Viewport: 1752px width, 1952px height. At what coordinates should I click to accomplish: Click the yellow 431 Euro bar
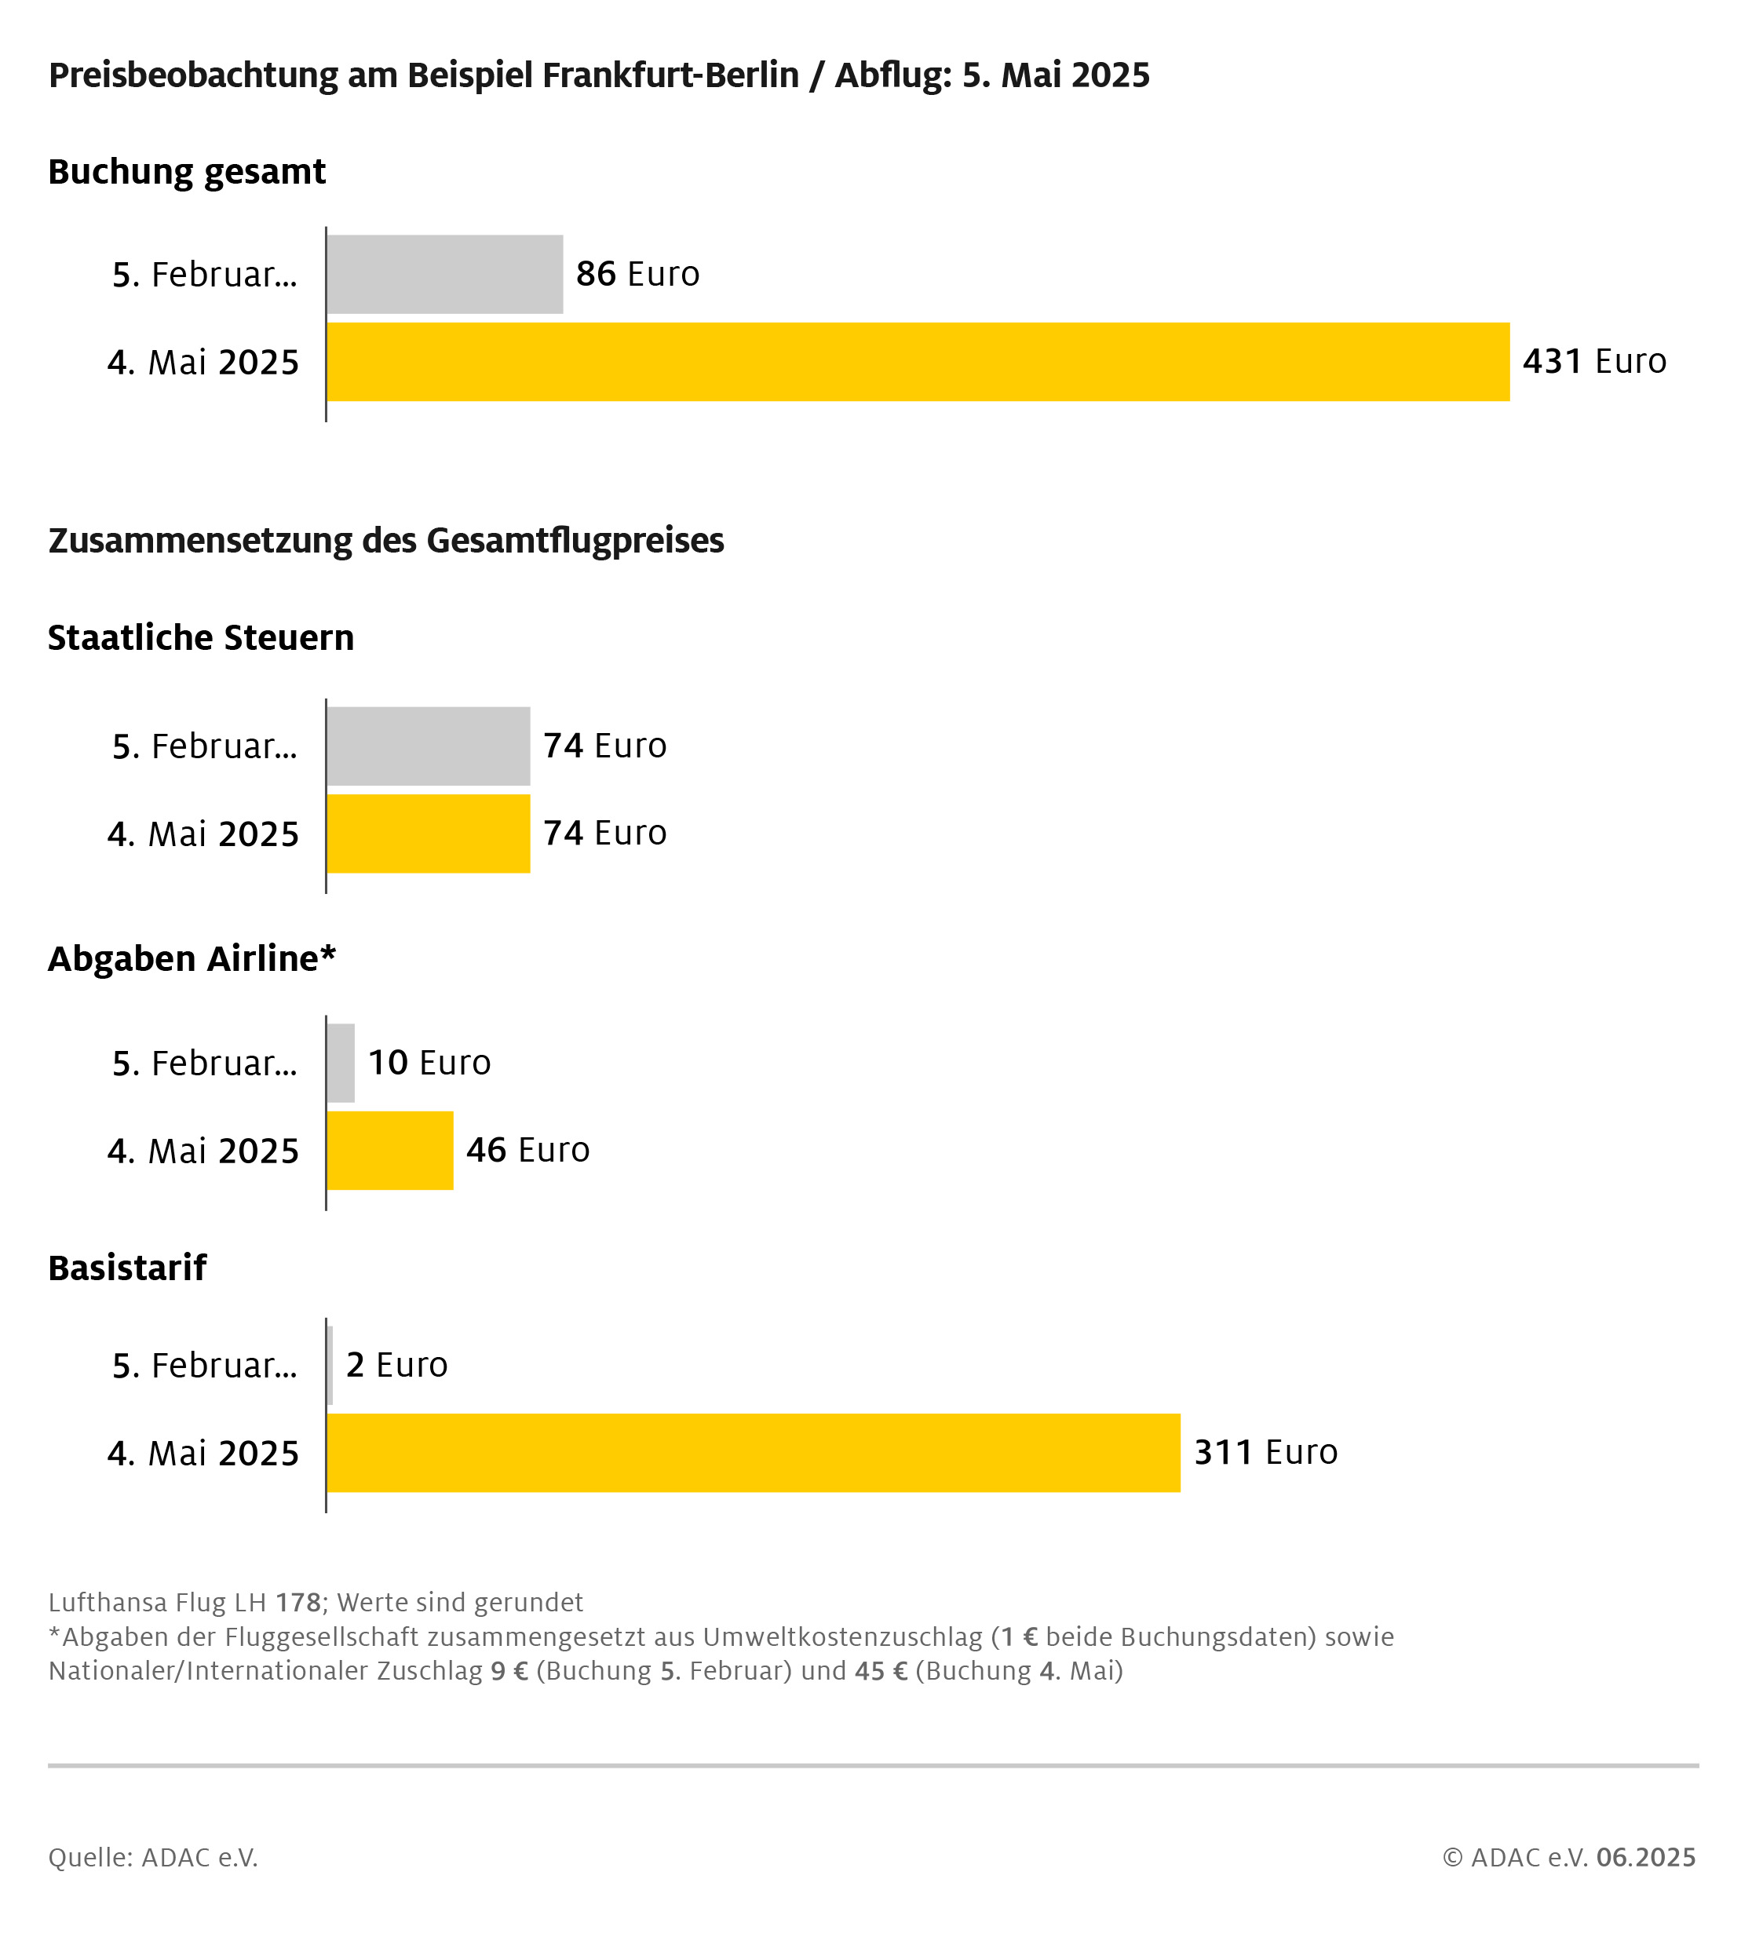918,362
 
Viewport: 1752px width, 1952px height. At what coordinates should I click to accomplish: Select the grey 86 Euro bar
445,275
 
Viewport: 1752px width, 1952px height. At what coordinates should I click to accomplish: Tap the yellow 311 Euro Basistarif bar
753,1453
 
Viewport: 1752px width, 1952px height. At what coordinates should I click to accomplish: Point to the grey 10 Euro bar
341,1063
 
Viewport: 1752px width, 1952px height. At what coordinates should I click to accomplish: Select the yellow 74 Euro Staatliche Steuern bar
429,834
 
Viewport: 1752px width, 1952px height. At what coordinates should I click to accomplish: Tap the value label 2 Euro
396,1365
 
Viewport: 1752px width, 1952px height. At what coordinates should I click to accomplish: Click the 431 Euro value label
1594,362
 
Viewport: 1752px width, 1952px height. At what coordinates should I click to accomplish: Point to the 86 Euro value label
637,275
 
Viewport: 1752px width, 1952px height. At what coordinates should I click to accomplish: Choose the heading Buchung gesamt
187,173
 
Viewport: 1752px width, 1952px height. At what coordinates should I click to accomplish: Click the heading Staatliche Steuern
201,638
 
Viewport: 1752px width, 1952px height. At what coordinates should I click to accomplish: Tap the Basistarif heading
127,1268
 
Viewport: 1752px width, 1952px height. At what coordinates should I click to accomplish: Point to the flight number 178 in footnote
298,1602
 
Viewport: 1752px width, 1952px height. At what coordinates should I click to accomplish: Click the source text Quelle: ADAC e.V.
153,1857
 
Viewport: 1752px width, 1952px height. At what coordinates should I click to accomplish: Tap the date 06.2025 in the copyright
1646,1857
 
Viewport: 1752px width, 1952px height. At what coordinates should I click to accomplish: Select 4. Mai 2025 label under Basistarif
203,1454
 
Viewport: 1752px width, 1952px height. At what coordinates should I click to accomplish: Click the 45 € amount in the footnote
881,1670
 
